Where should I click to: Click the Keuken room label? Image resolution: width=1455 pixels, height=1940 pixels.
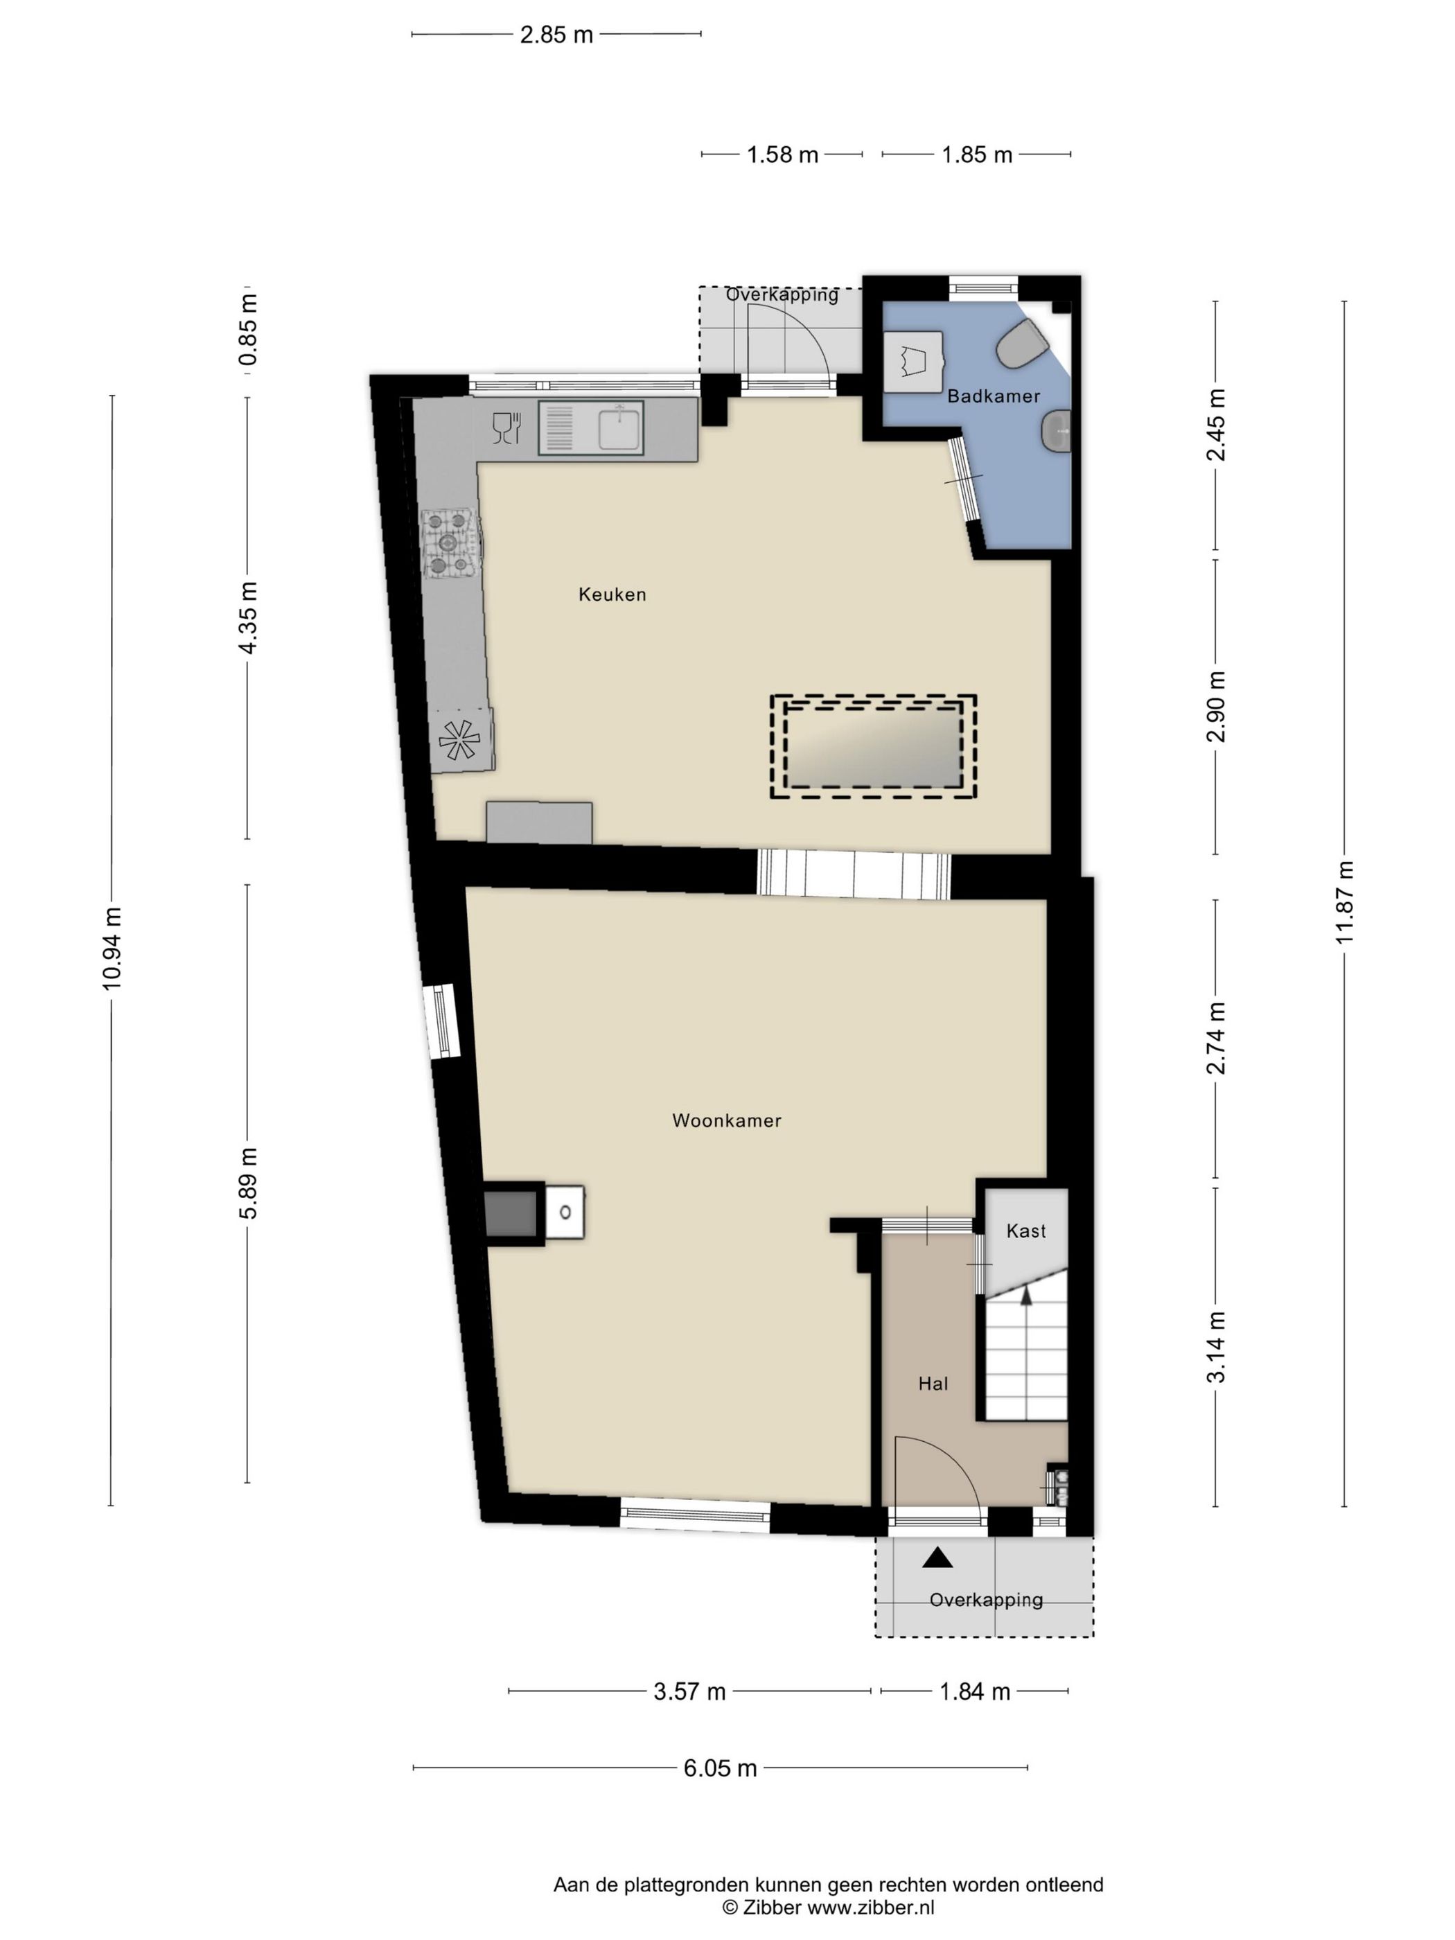tap(612, 594)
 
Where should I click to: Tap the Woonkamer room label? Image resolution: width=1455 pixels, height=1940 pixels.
tap(726, 1120)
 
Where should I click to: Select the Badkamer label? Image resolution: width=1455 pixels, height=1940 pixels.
tap(994, 396)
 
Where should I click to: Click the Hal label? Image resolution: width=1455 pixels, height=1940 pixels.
tap(933, 1384)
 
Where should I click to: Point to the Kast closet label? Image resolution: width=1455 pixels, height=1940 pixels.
tap(1026, 1231)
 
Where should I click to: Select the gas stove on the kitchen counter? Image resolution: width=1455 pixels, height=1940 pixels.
tap(452, 545)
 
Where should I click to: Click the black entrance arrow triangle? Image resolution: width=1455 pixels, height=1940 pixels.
tap(937, 1558)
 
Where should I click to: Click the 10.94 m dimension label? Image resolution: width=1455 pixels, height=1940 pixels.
tap(112, 949)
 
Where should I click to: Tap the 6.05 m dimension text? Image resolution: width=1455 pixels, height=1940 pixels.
tap(720, 1768)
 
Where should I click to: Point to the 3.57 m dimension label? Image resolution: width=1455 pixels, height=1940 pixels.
tap(689, 1692)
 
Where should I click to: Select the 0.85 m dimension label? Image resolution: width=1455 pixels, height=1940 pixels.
tap(249, 330)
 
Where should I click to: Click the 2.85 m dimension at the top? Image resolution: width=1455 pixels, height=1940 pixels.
tap(557, 35)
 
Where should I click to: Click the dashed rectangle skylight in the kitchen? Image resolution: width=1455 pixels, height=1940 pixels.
tap(872, 747)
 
